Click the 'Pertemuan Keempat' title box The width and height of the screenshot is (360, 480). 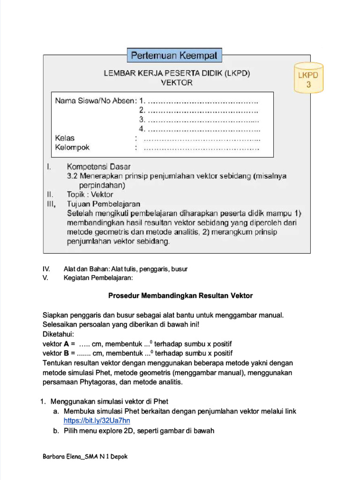coord(174,56)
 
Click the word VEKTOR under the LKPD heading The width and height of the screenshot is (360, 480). coord(176,82)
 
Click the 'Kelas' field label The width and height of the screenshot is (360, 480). coord(65,138)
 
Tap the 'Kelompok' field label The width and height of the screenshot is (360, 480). coord(72,147)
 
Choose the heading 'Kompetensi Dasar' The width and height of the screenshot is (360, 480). coord(99,166)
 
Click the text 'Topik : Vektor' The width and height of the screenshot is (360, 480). coord(90,194)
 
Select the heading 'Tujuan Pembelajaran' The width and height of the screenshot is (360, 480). coord(104,204)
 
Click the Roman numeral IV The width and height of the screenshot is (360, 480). coord(46,269)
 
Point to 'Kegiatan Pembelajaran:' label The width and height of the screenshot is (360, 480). coord(98,278)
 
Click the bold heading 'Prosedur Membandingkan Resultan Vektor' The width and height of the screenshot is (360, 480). coord(180,296)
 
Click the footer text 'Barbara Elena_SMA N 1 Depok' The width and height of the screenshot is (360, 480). coord(85,457)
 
